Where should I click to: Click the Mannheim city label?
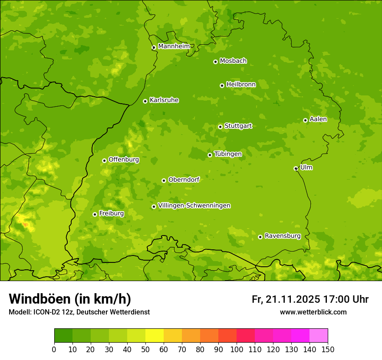pos(174,46)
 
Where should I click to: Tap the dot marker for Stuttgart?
pos(220,127)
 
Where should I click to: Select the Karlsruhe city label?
pos(164,100)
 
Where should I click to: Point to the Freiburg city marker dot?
pos(95,214)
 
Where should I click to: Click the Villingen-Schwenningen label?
pos(194,206)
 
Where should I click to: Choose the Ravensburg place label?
pos(283,236)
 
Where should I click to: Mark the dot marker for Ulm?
pos(296,168)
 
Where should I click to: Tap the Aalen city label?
pos(318,119)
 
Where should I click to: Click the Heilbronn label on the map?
pos(241,85)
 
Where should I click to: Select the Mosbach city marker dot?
pos(215,62)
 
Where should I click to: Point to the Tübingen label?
pos(228,154)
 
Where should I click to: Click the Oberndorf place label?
pos(184,180)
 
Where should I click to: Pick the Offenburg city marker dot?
pos(104,160)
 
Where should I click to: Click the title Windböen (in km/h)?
pos(70,299)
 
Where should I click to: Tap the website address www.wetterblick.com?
pos(313,312)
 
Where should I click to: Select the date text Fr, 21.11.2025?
pos(286,299)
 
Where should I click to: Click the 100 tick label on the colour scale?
pos(237,349)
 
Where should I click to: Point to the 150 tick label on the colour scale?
pos(328,349)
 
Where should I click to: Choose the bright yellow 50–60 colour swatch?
pos(155,336)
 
